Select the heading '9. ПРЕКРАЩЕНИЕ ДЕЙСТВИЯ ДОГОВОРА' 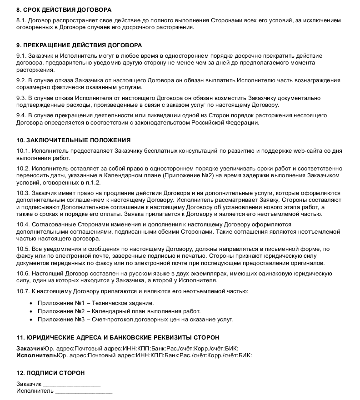coord(79,45)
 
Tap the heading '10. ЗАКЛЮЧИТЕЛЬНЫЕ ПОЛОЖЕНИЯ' coord(73,140)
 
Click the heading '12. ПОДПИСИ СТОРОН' coord(50,373)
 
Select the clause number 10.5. coord(23,250)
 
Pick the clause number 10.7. coord(23,291)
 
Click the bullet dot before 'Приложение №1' coord(31,303)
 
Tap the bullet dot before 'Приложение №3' coord(31,320)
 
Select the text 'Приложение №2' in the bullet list coord(60,311)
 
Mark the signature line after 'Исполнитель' coord(84,391)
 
